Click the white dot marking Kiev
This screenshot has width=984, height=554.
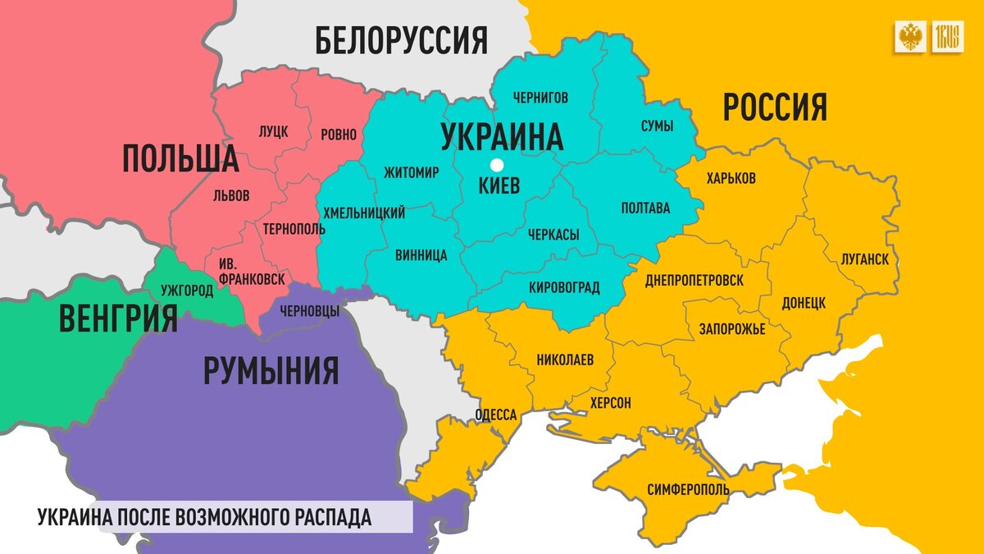[x=496, y=165]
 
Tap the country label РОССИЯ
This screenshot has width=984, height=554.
[x=774, y=108]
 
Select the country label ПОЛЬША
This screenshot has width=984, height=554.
[x=180, y=158]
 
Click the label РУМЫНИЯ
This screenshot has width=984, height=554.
[x=271, y=370]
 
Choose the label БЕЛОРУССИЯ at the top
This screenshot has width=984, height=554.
[x=401, y=39]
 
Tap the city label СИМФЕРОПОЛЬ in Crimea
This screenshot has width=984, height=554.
[x=688, y=489]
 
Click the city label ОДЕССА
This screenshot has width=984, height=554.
[x=495, y=415]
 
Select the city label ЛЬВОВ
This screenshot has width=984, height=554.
[x=230, y=196]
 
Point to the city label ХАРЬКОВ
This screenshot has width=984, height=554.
[x=730, y=178]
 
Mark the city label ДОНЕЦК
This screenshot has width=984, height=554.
[x=803, y=302]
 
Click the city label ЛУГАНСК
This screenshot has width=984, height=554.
[x=864, y=259]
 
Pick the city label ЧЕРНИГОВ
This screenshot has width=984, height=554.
[x=540, y=98]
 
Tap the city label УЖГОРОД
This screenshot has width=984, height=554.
[x=187, y=291]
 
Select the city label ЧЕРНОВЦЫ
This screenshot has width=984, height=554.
[x=309, y=311]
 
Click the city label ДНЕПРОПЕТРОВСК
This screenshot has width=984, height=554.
[x=694, y=281]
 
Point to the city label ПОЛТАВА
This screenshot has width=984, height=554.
[x=645, y=208]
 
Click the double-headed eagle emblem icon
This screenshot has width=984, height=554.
[x=910, y=38]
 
